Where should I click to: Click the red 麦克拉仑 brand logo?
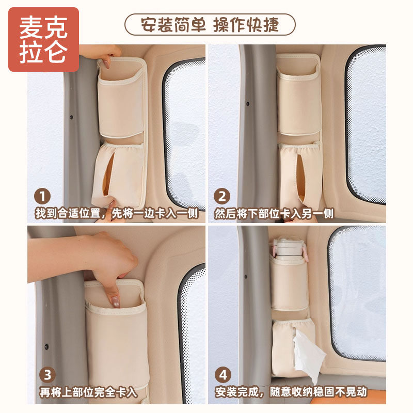[43, 40]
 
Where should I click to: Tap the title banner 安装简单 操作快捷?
[210, 24]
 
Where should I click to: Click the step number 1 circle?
[43, 197]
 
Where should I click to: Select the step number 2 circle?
[223, 197]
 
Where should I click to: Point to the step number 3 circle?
[43, 374]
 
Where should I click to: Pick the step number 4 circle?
[223, 374]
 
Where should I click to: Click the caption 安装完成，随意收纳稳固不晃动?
[291, 392]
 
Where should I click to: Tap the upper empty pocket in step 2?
[298, 101]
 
